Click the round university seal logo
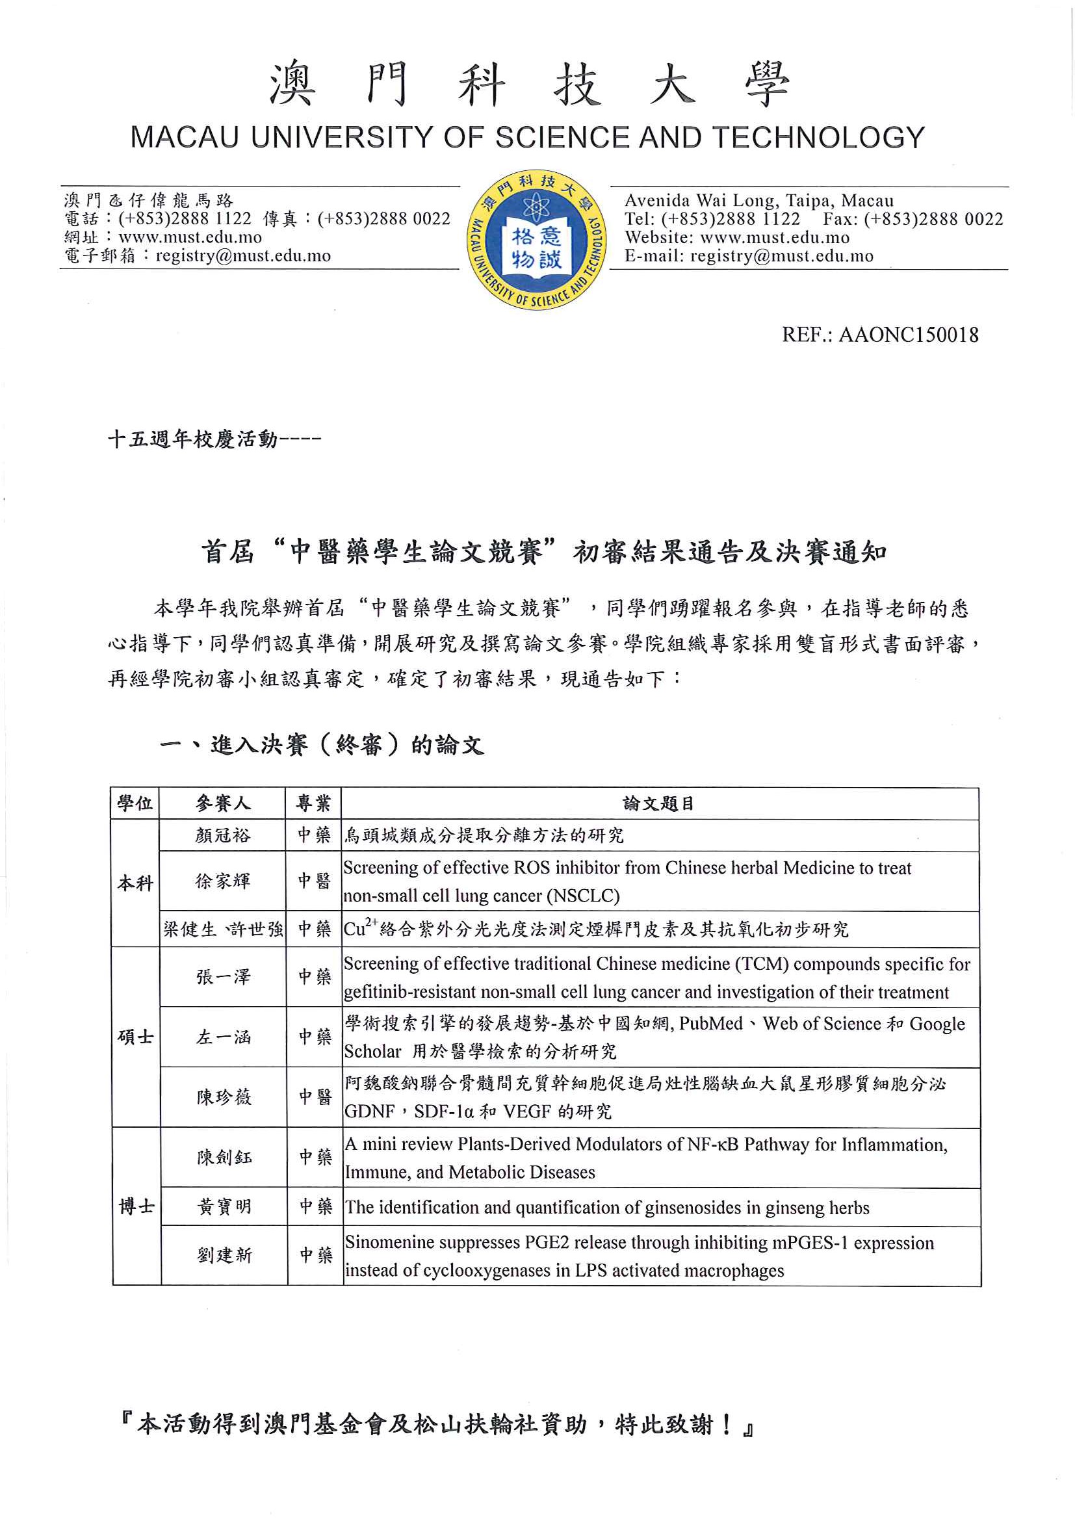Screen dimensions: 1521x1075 click(536, 240)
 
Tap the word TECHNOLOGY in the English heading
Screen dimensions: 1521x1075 click(818, 138)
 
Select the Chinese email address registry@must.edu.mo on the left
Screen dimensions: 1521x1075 click(242, 255)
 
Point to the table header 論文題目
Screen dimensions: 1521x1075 click(659, 803)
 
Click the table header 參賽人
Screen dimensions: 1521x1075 click(222, 803)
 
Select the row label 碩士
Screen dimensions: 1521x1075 click(135, 1037)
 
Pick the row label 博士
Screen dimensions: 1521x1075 click(136, 1206)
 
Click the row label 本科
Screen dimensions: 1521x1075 click(135, 883)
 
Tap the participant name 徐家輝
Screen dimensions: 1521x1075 click(222, 881)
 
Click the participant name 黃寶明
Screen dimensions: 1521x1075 click(224, 1207)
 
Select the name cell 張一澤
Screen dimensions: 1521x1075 click(223, 976)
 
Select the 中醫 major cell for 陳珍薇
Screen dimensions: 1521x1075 click(315, 1097)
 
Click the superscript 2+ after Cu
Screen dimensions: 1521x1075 click(371, 922)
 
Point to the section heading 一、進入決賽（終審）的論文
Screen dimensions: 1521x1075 click(321, 746)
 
